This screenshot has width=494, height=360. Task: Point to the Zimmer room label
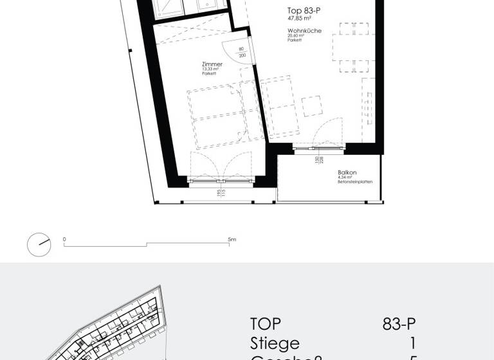[x=212, y=64]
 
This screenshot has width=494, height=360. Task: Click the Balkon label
[x=347, y=172]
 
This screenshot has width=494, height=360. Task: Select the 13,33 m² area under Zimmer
[x=210, y=69]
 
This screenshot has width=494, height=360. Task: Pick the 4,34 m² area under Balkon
[x=345, y=177]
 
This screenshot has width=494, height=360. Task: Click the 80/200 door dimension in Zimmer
[x=242, y=52]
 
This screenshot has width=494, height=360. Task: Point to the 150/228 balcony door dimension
[x=316, y=160]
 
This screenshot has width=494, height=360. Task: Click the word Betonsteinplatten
[x=354, y=182]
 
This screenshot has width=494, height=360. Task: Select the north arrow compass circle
[x=39, y=244]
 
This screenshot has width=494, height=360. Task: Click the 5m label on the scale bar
[x=232, y=239]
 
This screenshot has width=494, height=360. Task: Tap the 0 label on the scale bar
[x=64, y=239]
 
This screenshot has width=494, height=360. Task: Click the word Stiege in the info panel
[x=275, y=343]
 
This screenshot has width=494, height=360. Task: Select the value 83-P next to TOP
[x=399, y=324]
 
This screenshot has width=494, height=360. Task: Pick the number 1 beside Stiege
[x=412, y=343]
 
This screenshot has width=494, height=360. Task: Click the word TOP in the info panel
[x=266, y=324]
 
